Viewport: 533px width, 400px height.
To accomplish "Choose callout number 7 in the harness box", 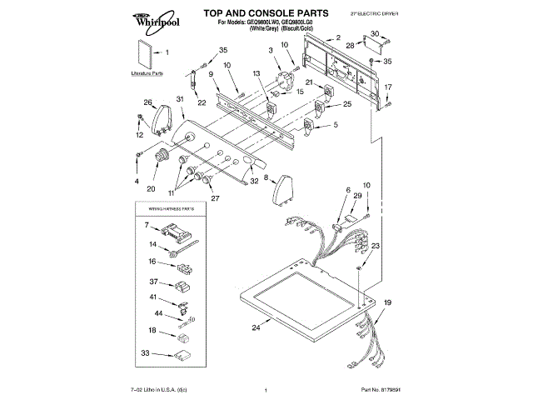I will pos(147,225).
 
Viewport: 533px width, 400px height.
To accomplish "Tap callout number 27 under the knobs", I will pos(215,199).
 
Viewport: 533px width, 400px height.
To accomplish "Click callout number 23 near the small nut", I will pos(376,246).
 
